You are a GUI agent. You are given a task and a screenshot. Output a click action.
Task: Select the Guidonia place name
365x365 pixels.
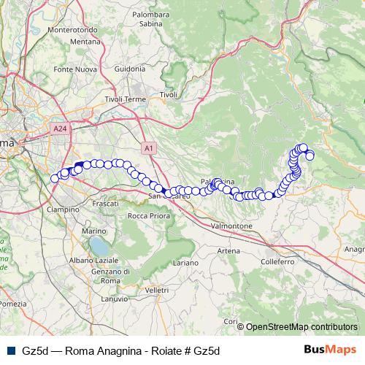(131, 69)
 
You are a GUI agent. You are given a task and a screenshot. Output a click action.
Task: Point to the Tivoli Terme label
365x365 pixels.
(126, 99)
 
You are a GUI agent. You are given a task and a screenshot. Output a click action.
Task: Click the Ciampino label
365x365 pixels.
(63, 209)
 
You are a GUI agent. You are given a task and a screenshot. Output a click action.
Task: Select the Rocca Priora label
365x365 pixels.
(149, 216)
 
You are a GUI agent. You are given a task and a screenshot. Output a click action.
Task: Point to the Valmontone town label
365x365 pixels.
(231, 226)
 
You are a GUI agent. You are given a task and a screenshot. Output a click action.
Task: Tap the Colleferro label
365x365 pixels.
(277, 261)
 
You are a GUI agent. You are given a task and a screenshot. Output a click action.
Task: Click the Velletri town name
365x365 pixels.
(157, 290)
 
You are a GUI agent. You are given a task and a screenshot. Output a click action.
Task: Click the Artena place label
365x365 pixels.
(228, 250)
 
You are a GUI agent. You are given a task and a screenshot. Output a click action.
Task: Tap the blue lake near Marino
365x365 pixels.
(98, 246)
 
